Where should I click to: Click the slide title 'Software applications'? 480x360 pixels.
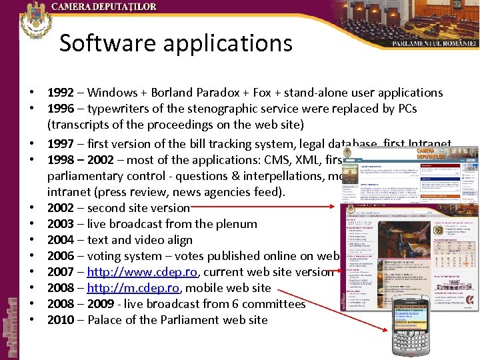click(x=176, y=43)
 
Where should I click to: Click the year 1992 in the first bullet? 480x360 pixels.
click(x=61, y=93)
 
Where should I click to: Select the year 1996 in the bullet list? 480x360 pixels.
click(x=61, y=109)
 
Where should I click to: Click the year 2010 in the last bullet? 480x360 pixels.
click(x=61, y=320)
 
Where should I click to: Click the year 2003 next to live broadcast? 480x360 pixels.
click(x=61, y=224)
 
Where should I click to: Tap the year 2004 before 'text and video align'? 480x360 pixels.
click(x=61, y=240)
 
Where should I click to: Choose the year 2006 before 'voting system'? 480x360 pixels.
click(x=61, y=256)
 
